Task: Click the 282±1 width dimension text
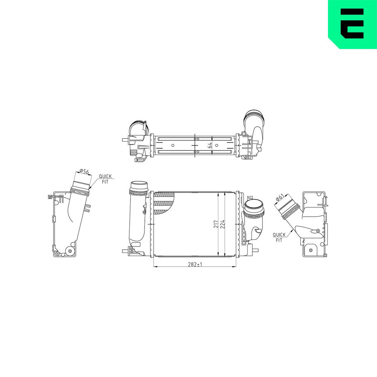click(x=195, y=265)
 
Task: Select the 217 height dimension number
click(x=216, y=224)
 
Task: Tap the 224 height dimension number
click(x=222, y=224)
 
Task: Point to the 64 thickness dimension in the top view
click(x=210, y=145)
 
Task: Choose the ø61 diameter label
click(x=280, y=198)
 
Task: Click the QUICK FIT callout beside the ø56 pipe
click(x=105, y=179)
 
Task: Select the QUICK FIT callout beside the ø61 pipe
click(x=279, y=237)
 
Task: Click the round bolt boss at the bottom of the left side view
click(x=70, y=251)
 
